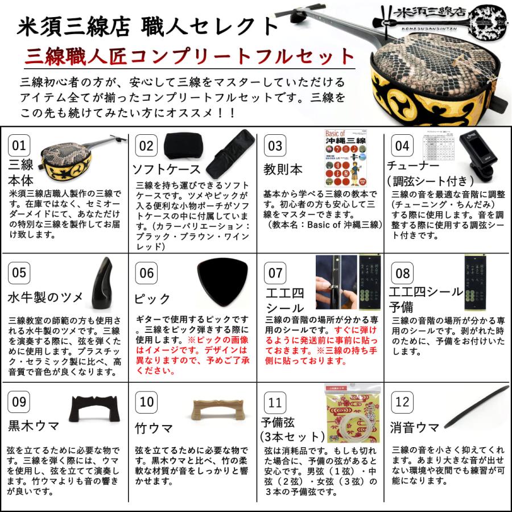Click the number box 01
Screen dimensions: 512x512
pos(19,146)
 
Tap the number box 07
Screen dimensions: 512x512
pos(275,273)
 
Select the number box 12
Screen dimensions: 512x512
pos(402,403)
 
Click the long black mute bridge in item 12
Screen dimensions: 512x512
pos(477,406)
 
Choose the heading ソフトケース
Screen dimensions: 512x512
pos(166,170)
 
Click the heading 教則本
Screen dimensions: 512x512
pos(283,170)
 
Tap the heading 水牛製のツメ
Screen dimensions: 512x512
pos(46,298)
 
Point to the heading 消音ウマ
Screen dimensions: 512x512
pos(415,427)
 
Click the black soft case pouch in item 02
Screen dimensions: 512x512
pos(181,147)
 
